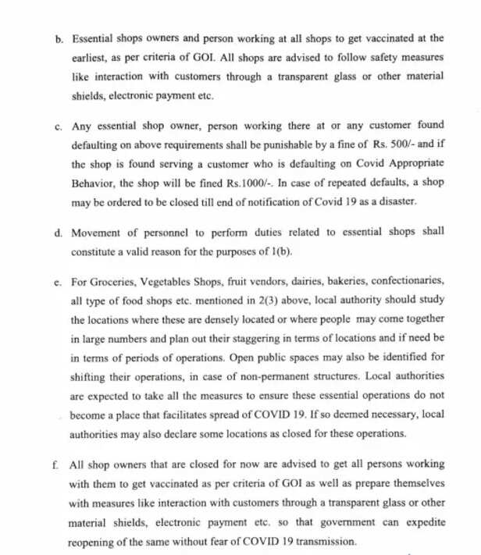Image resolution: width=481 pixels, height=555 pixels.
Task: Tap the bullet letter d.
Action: [59, 233]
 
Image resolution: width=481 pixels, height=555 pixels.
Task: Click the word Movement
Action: [96, 233]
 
